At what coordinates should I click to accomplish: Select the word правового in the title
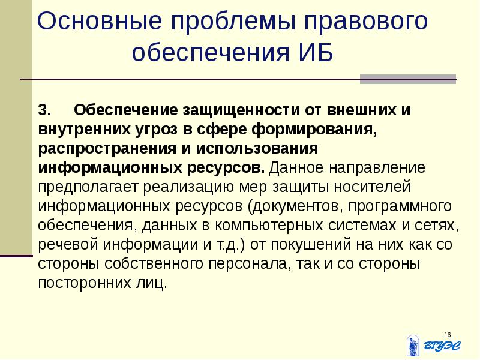point(370,23)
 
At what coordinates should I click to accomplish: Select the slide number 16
point(447,334)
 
